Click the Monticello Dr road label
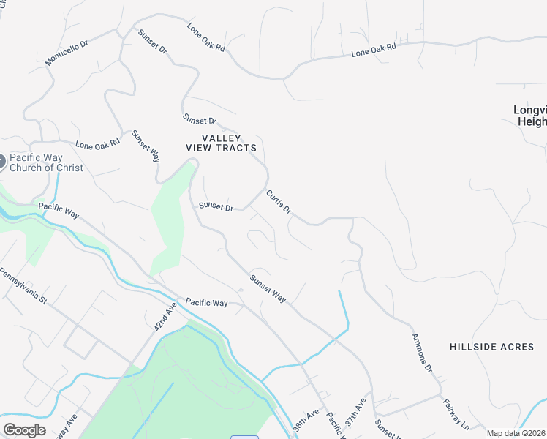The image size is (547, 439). [x=67, y=53]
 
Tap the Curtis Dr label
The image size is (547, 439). [x=279, y=202]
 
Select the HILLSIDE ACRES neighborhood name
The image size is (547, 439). [x=491, y=347]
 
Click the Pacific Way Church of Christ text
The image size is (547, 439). [x=46, y=162]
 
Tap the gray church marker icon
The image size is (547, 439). [x=1, y=162]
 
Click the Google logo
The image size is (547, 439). [x=24, y=429]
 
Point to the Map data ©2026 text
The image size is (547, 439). [x=516, y=433]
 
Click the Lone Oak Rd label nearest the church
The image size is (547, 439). [x=97, y=145]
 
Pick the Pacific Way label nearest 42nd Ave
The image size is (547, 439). [x=206, y=302]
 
